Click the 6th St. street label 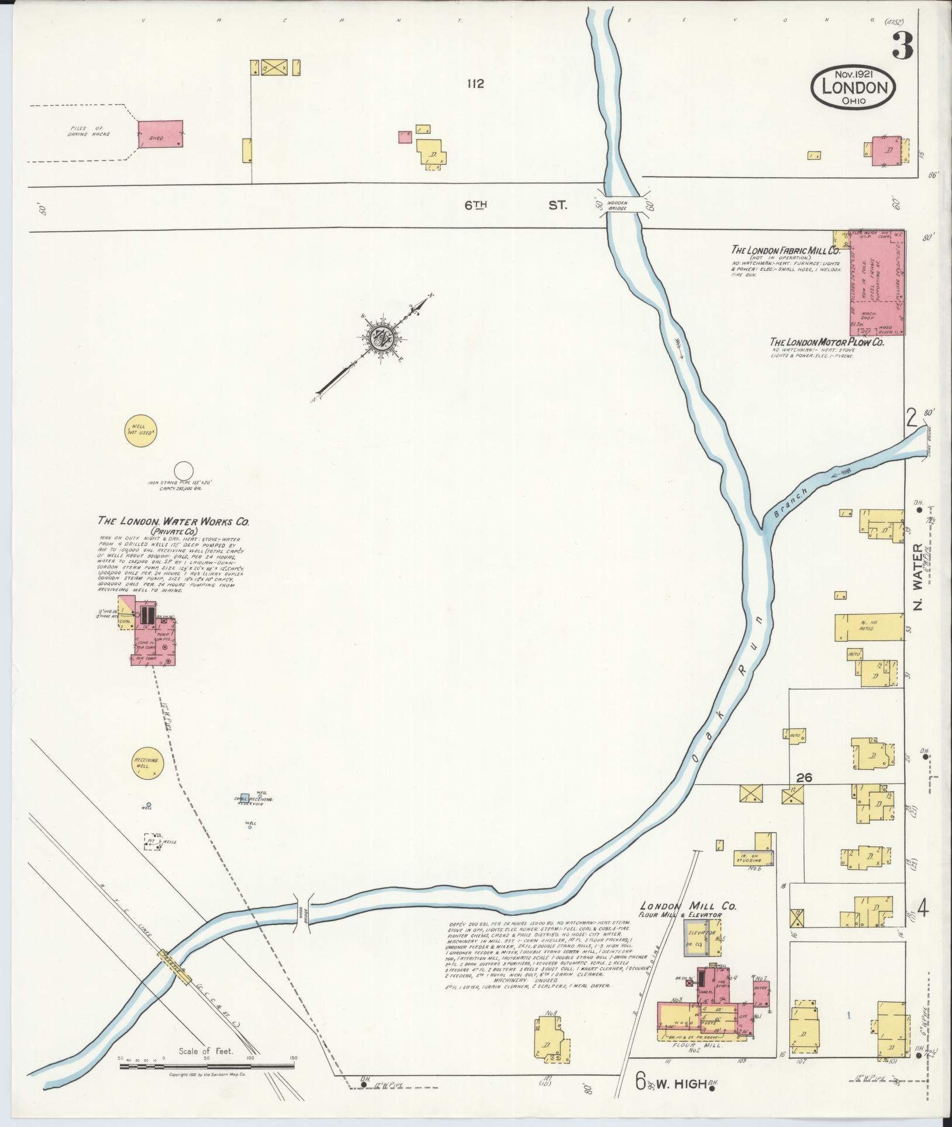tap(515, 205)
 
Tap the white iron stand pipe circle tap(184, 470)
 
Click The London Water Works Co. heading tap(169, 521)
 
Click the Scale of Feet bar tap(206, 1066)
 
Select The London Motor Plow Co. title tap(826, 342)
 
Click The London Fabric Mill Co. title tap(785, 250)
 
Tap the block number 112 tap(475, 84)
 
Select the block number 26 tap(805, 777)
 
